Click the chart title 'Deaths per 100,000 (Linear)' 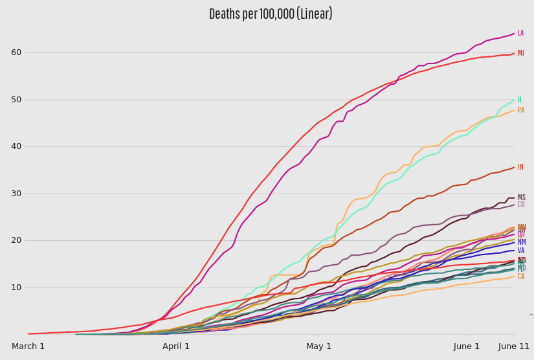(x=271, y=14)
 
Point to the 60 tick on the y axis (x=16, y=52)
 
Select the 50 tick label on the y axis (x=16, y=100)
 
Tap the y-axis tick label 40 (x=16, y=146)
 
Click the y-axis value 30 (x=16, y=194)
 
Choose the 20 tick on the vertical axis (x=16, y=240)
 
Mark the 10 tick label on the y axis (x=16, y=287)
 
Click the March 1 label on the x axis (x=28, y=346)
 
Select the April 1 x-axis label (x=176, y=346)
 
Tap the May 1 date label (x=318, y=346)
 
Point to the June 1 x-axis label (x=467, y=346)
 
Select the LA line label (x=520, y=33)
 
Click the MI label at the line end (x=520, y=53)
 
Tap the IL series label (x=520, y=100)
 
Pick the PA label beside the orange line (x=520, y=110)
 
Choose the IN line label (x=520, y=167)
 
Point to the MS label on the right (x=521, y=197)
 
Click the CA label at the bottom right (x=520, y=276)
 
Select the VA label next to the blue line (x=520, y=251)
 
